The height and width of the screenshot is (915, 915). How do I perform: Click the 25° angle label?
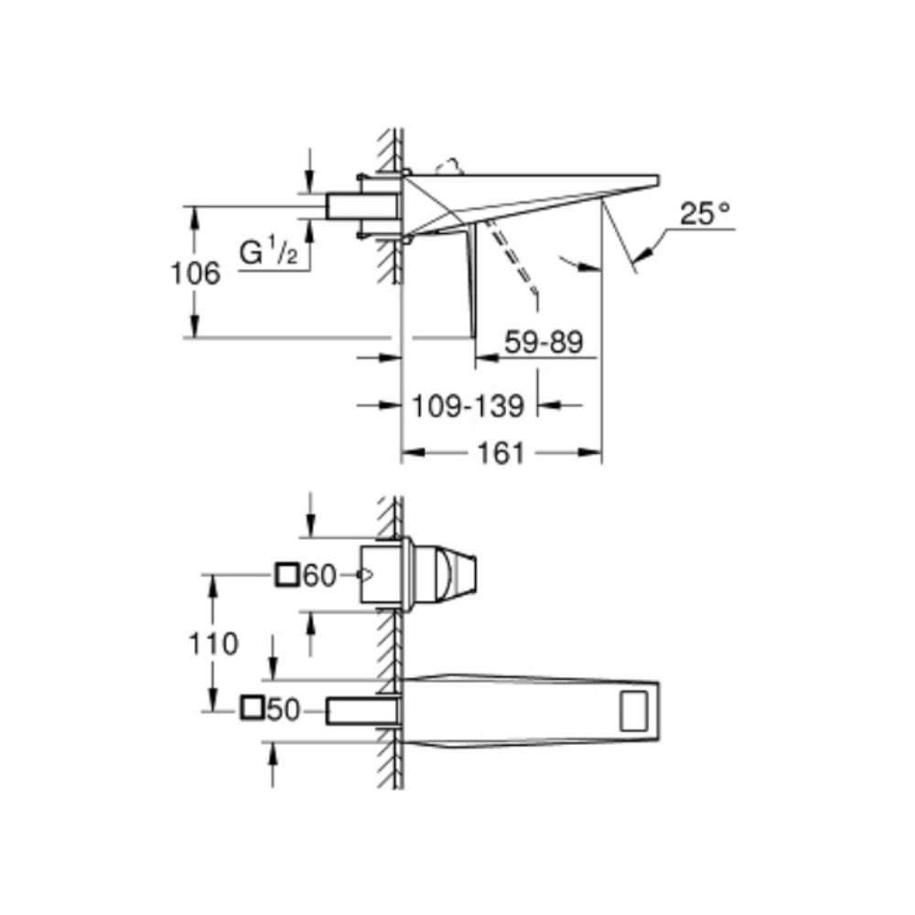[x=705, y=213]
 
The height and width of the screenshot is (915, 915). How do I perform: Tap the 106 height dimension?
[x=196, y=273]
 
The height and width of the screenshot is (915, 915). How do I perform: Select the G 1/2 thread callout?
[x=268, y=254]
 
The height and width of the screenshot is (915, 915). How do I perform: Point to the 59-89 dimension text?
[x=544, y=341]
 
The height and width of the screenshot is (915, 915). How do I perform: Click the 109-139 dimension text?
[x=468, y=405]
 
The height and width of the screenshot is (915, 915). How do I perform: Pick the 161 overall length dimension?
[x=501, y=453]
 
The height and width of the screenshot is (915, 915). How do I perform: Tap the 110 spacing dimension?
[x=213, y=643]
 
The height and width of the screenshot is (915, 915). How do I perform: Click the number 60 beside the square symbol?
[x=320, y=576]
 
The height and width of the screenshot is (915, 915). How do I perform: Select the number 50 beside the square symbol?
[x=283, y=710]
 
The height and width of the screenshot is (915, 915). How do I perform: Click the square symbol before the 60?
[x=287, y=576]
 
